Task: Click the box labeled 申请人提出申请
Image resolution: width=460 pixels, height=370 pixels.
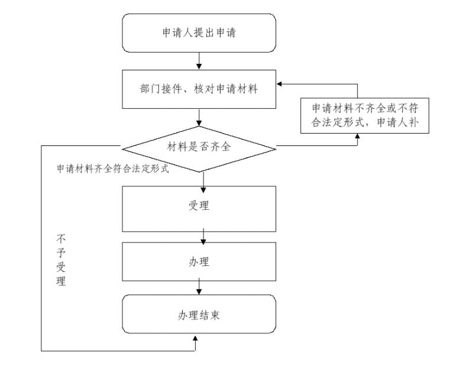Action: click(x=199, y=33)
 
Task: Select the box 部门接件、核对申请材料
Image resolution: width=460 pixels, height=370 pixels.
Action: click(x=199, y=89)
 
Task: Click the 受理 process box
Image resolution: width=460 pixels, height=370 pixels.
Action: click(x=199, y=208)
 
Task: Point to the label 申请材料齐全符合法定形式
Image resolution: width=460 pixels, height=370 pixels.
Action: click(x=112, y=168)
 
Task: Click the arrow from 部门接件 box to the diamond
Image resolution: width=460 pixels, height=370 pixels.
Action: click(x=199, y=117)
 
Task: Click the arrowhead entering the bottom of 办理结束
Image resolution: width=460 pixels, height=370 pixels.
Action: click(x=195, y=339)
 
